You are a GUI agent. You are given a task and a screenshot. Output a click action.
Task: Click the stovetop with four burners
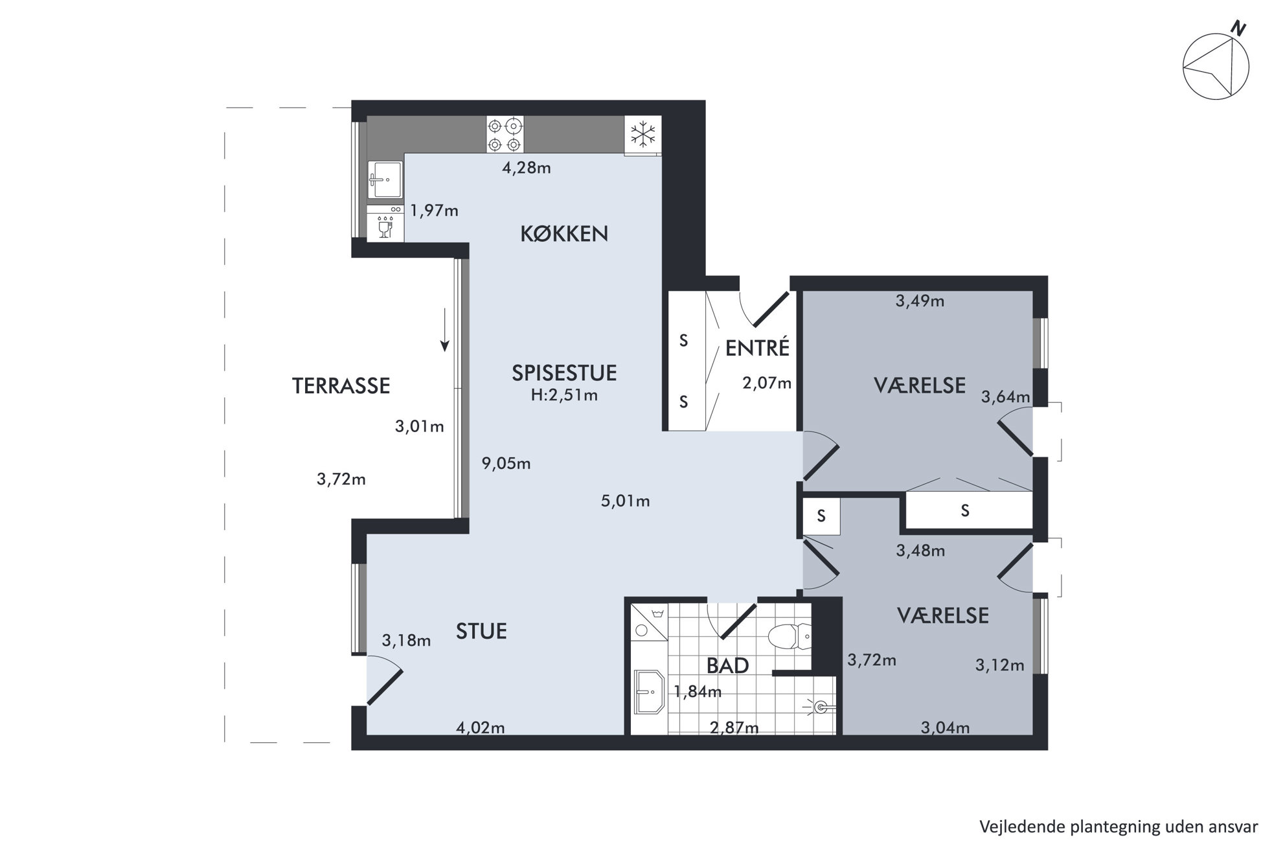[x=505, y=135]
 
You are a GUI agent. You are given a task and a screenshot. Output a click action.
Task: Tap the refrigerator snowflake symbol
[x=643, y=135]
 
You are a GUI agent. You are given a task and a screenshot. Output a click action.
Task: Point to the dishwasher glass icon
[x=385, y=228]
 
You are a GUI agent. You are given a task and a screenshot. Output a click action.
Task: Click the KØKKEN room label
[x=564, y=234]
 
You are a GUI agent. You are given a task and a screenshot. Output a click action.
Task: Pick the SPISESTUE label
[x=564, y=372]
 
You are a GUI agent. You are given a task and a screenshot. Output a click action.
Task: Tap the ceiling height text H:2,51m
[x=564, y=395]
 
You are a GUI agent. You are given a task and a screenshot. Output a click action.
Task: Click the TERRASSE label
[x=341, y=386]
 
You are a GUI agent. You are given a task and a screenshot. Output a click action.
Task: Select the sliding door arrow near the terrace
[x=444, y=330]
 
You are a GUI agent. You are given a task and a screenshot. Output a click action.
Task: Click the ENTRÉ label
[x=757, y=348]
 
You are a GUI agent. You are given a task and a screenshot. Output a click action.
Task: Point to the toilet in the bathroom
[x=790, y=636]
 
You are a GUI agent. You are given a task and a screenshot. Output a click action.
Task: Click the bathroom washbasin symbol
[x=649, y=692]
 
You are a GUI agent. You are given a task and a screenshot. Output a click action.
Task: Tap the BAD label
[x=727, y=665]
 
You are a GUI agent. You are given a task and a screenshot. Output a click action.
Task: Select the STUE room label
[x=481, y=631]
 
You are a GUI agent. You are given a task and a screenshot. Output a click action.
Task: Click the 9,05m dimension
[x=506, y=464]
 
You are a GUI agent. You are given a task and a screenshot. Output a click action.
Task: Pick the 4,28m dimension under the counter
[x=527, y=168]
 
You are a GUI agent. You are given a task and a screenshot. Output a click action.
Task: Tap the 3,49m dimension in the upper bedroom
[x=920, y=301]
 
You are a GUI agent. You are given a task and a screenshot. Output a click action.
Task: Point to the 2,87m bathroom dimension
[x=734, y=728]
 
